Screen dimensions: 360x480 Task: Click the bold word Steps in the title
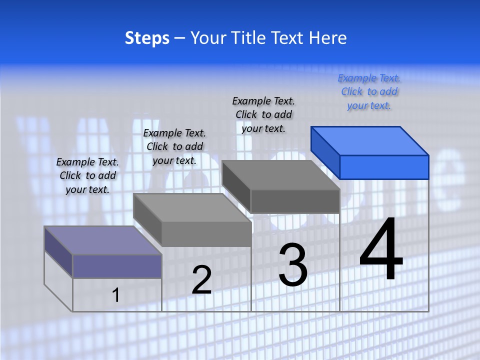point(147,38)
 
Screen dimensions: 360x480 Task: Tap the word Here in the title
point(328,38)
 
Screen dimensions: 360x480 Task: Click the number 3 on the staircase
point(293,264)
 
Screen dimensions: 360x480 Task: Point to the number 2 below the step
point(201,280)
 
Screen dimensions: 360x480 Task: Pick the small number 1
point(115,295)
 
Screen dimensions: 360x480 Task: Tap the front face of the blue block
point(384,167)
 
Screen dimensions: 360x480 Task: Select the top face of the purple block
point(103,240)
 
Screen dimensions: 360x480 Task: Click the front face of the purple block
point(117,266)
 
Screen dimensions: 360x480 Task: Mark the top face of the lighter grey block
point(192,208)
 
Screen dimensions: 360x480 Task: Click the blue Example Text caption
point(369,92)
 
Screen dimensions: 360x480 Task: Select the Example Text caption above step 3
point(263,114)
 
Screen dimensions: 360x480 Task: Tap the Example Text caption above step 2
point(174,146)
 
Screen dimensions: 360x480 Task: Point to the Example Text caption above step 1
point(87,175)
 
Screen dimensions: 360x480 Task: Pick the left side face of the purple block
point(58,251)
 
